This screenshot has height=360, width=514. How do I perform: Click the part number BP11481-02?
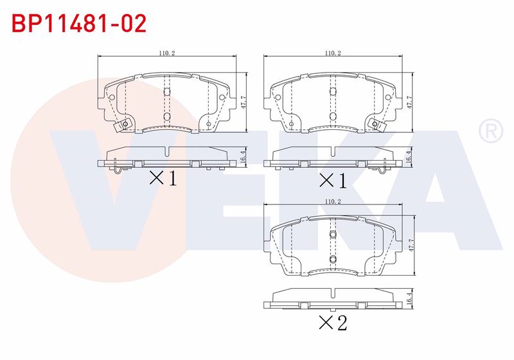79,23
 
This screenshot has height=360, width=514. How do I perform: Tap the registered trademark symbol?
491,130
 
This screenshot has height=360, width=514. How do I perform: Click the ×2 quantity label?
333,323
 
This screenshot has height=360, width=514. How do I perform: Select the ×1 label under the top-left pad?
163,178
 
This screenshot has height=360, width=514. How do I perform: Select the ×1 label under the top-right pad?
333,181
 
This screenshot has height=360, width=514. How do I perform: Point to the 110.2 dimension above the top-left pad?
167,53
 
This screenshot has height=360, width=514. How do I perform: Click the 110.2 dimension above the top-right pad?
333,53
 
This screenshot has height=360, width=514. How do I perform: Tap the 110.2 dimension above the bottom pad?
333,202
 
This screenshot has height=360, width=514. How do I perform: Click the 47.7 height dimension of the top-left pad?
244,103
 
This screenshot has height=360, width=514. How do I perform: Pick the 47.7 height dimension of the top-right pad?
409,103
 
